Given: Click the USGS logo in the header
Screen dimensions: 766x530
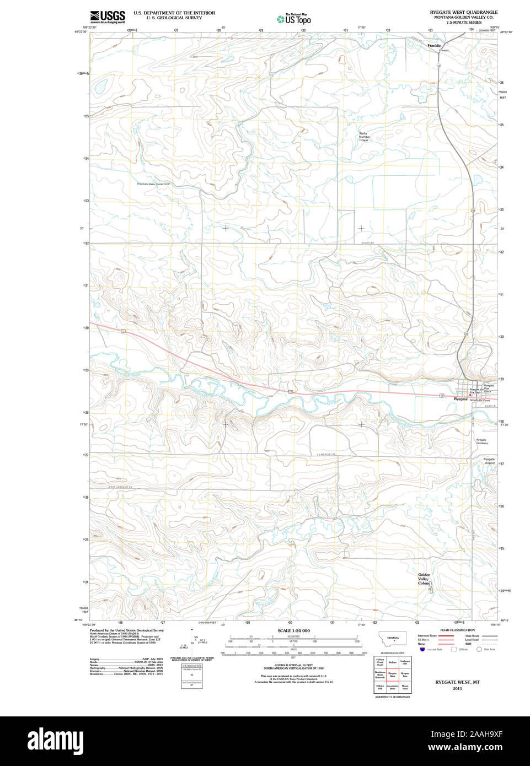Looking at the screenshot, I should tap(108, 17).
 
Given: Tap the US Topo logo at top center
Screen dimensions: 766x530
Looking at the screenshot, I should tap(294, 19).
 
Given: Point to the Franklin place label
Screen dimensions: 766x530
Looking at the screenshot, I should tap(435, 46).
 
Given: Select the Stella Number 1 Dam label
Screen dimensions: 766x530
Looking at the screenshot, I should tap(364, 137).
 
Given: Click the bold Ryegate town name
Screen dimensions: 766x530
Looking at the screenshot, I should tap(461, 399).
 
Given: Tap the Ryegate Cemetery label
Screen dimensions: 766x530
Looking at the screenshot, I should tap(481, 441).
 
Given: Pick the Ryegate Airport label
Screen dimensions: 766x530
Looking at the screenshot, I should tap(489, 461).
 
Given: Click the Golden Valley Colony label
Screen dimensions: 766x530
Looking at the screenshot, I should tap(424, 579).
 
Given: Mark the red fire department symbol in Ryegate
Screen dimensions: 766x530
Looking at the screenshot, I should tap(470, 395).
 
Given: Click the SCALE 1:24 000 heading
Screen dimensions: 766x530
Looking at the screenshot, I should tap(293, 630).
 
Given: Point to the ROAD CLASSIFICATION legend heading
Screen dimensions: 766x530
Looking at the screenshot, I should tap(457, 630).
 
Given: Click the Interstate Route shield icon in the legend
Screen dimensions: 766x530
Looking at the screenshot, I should tap(422, 650).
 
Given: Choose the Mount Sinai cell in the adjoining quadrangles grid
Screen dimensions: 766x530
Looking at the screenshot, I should tap(405, 687).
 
